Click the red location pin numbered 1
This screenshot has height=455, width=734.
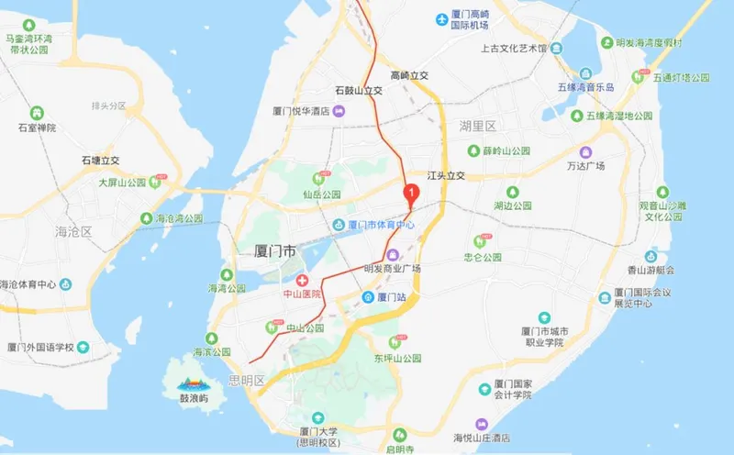[x=412, y=193]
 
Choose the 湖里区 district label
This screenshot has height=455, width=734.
[x=478, y=126]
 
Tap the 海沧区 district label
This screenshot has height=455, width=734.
[x=74, y=231]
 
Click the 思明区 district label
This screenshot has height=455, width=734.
[x=247, y=380]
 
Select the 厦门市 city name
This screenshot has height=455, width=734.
[x=275, y=250]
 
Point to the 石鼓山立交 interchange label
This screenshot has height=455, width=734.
[x=359, y=92]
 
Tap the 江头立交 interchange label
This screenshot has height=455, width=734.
[x=447, y=175]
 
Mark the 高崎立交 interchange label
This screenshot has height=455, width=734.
[x=410, y=75]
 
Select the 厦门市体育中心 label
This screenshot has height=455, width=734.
[x=380, y=225]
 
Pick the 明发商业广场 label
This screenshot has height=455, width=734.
[x=392, y=269]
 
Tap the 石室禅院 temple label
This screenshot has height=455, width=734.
[x=37, y=128]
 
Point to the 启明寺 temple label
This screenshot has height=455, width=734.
[x=398, y=449]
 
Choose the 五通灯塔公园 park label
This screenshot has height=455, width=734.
[x=682, y=78]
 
